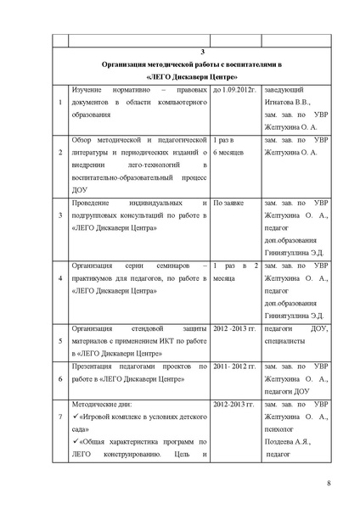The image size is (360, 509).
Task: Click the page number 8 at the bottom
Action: click(328, 484)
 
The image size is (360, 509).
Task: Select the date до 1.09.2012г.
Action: click(234, 90)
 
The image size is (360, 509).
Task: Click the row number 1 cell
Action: click(59, 104)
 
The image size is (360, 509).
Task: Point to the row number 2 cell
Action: click(59, 152)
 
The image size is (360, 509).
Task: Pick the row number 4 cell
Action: click(59, 277)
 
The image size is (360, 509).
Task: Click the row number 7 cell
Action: click(59, 417)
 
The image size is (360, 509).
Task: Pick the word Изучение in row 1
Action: click(91, 90)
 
